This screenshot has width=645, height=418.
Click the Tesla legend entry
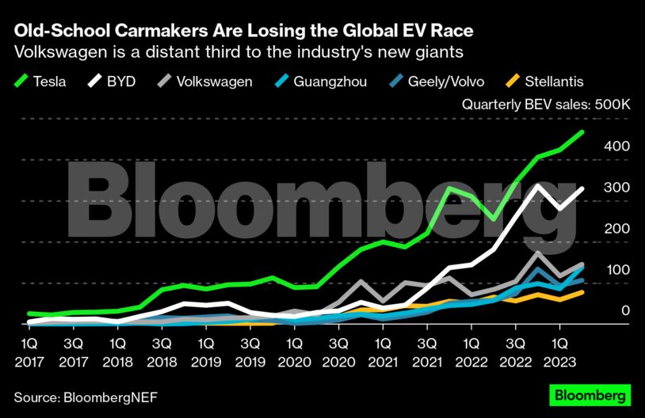pyautogui.click(x=40, y=82)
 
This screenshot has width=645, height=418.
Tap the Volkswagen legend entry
pyautogui.click(x=203, y=82)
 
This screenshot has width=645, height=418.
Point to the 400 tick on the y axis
pyautogui.click(x=618, y=146)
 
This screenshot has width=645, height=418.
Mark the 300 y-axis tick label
pyautogui.click(x=618, y=188)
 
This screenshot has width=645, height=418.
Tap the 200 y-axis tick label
pyautogui.click(x=618, y=229)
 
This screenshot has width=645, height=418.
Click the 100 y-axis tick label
pyautogui.click(x=618, y=270)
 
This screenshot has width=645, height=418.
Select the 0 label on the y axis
pyautogui.click(x=625, y=311)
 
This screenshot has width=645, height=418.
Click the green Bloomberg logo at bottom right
pyautogui.click(x=590, y=394)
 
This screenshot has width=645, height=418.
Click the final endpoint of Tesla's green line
pyautogui.click(x=582, y=132)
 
